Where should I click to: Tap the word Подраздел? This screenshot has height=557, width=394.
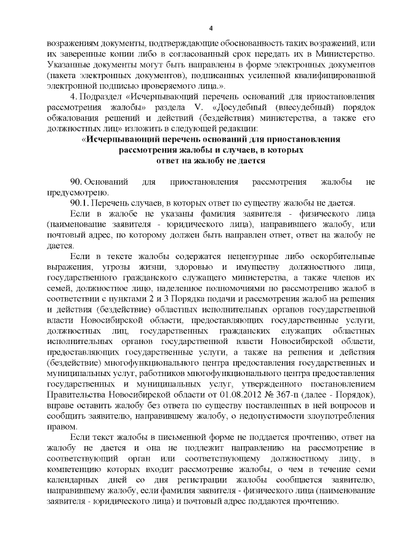point(100,98)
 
